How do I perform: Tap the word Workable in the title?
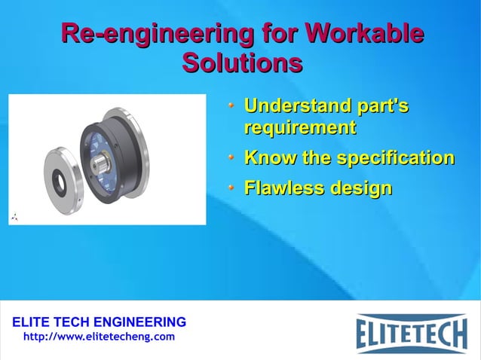click(363, 35)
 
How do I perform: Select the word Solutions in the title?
click(242, 63)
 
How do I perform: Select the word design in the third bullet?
click(360, 188)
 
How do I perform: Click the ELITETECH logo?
click(411, 331)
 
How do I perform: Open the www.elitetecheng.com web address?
click(99, 336)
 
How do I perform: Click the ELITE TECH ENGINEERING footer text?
click(98, 322)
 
